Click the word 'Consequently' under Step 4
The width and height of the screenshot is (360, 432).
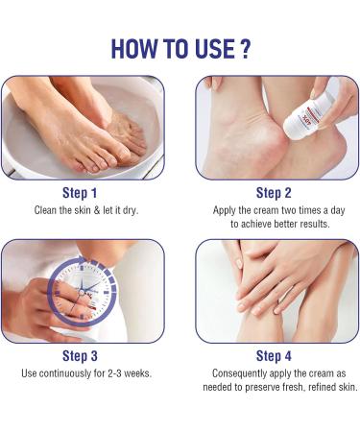[237, 371]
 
